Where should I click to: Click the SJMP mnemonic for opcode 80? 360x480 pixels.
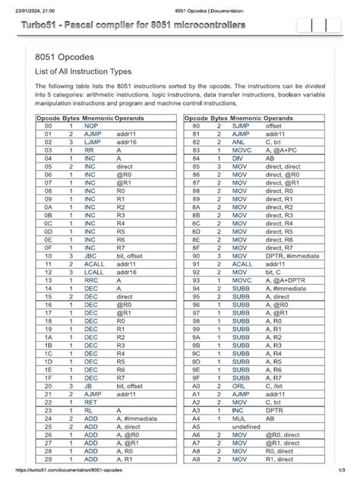coord(242,128)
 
